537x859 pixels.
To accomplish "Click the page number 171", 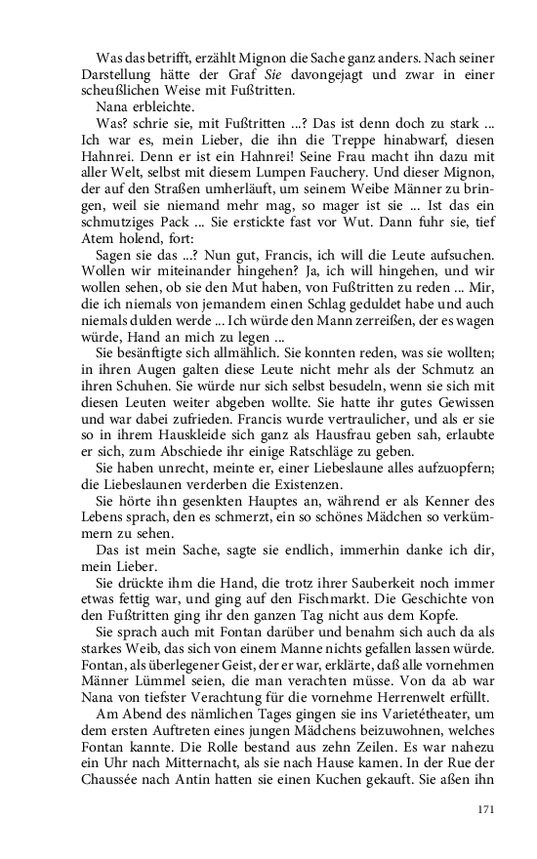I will pos(488,808).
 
